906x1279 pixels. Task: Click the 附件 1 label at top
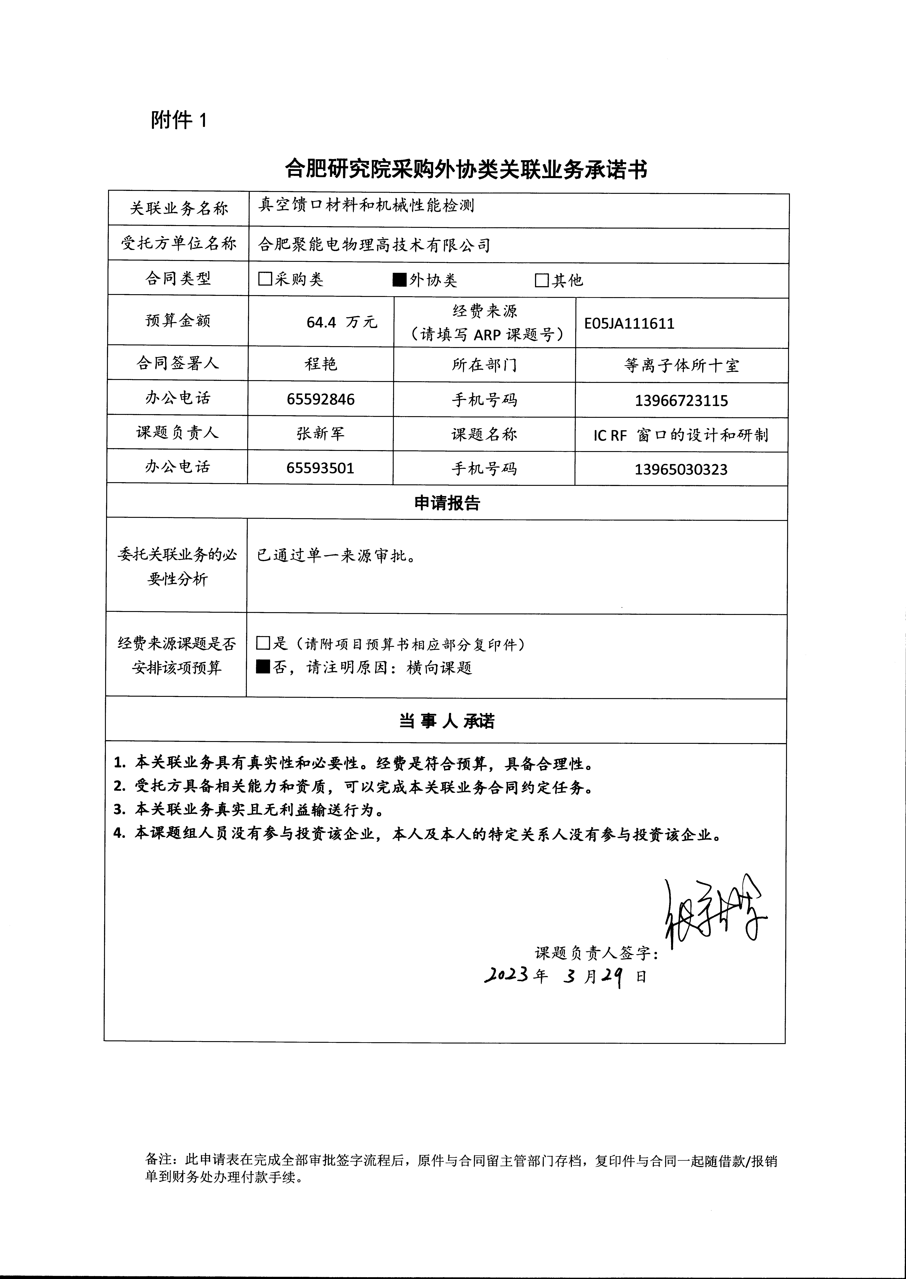tap(178, 120)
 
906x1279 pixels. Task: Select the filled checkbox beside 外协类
tap(400, 280)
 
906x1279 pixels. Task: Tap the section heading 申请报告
tap(447, 503)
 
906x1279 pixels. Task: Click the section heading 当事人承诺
tap(446, 721)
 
